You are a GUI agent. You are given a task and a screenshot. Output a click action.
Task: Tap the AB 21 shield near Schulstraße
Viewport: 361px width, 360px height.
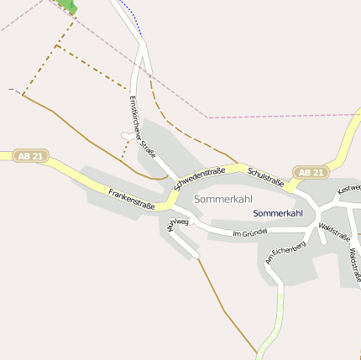(311, 173)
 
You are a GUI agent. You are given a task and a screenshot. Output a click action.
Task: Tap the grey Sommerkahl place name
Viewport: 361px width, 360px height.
(222, 199)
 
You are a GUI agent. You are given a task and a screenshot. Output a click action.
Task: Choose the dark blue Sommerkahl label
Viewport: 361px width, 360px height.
(278, 213)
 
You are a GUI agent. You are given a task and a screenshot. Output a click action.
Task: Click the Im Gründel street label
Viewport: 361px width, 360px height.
(249, 231)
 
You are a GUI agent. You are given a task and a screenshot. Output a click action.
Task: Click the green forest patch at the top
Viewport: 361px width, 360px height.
(67, 6)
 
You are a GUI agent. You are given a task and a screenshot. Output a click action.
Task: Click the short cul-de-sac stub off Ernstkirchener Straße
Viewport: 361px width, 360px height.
(128, 135)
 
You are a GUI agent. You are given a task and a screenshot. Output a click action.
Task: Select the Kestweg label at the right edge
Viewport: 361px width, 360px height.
(348, 190)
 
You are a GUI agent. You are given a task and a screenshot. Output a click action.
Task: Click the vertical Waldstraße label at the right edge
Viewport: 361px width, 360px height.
(354, 265)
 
